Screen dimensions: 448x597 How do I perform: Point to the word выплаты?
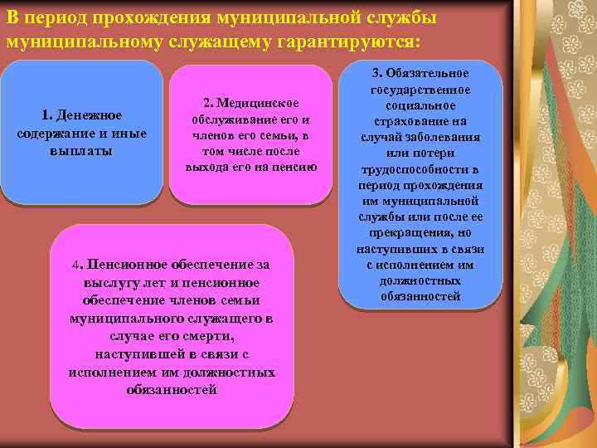81,152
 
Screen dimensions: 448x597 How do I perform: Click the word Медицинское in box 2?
257,103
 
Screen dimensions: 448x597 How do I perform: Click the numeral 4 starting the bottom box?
76,265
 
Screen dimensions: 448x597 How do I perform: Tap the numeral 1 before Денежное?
45,114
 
